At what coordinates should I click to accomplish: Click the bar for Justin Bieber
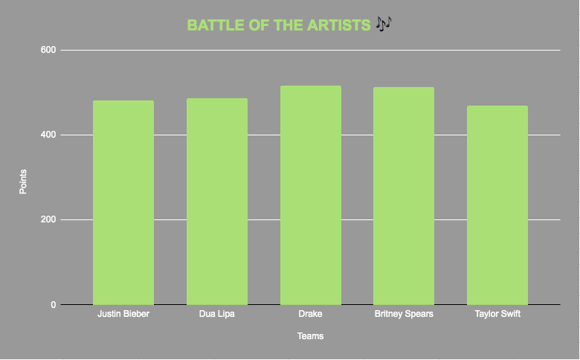pyautogui.click(x=123, y=203)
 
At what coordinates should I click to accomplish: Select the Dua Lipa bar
pyautogui.click(x=217, y=202)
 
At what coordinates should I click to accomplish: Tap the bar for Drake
pyautogui.click(x=311, y=196)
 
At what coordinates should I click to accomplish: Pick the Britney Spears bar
pyautogui.click(x=404, y=196)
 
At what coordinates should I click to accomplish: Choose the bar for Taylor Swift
pyautogui.click(x=497, y=205)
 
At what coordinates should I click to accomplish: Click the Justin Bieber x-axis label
pyautogui.click(x=123, y=314)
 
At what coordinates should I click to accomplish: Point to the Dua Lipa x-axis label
pyautogui.click(x=217, y=314)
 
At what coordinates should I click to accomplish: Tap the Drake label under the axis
pyautogui.click(x=310, y=314)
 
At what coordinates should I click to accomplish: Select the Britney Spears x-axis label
pyautogui.click(x=404, y=314)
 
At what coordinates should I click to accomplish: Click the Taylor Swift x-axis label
pyautogui.click(x=497, y=314)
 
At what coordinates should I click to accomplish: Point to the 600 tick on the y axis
pyautogui.click(x=48, y=50)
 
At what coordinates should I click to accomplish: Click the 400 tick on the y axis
pyautogui.click(x=48, y=135)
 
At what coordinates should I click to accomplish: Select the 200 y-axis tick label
pyautogui.click(x=48, y=219)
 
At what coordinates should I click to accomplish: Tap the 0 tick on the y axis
pyautogui.click(x=54, y=305)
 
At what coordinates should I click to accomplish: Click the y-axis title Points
pyautogui.click(x=23, y=181)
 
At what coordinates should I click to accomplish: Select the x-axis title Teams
pyautogui.click(x=310, y=336)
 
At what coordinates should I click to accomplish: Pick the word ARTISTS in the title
pyautogui.click(x=339, y=25)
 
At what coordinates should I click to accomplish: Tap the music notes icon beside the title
pyautogui.click(x=384, y=24)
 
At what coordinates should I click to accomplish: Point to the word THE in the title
pyautogui.click(x=289, y=25)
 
